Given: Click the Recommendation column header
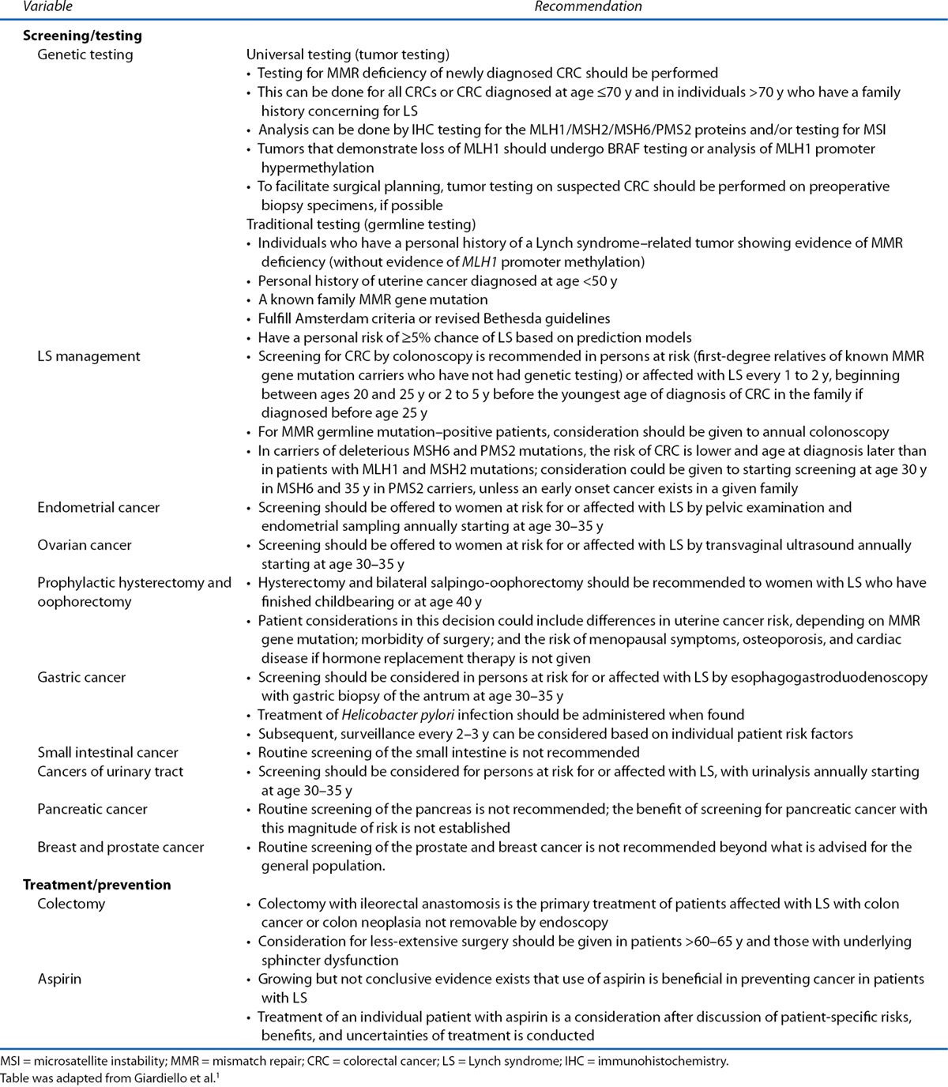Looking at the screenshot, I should coord(588,6).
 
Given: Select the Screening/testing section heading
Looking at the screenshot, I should coord(82,36).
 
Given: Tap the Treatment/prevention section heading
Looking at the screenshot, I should coord(96,885).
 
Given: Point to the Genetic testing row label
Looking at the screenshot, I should coord(85,55).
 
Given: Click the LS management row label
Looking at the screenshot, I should coord(88,356).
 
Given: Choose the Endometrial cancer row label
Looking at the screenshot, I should coord(98,507).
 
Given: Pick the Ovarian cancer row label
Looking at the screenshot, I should coord(85,545).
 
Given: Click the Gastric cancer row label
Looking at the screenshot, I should coord(81,677).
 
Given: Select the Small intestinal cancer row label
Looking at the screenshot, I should coord(107,752).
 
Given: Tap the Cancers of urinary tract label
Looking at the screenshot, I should coord(110,771).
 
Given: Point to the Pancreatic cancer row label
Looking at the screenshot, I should coord(92,809).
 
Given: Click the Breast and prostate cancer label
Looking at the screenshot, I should coord(120,847).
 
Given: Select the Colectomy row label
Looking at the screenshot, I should coord(71,904).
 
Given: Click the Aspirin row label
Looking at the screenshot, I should coord(60,979).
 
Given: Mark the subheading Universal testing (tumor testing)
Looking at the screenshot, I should coord(348,55).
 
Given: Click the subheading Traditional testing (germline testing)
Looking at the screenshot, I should coord(361,224).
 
